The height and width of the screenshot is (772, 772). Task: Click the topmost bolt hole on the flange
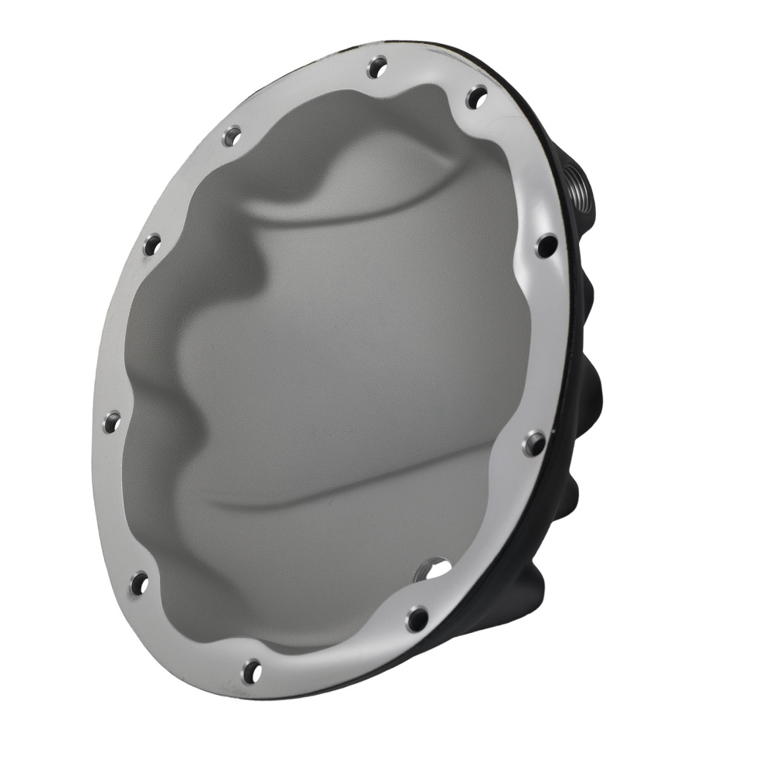click(377, 67)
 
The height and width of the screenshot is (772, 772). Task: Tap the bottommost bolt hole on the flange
click(252, 671)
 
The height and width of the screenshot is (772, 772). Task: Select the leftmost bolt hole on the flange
click(113, 422)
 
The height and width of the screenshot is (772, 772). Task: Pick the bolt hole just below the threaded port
click(546, 246)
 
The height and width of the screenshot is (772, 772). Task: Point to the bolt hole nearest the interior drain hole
click(417, 618)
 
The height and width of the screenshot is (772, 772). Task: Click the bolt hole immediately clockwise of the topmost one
click(477, 97)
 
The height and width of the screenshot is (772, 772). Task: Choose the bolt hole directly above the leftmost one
click(152, 245)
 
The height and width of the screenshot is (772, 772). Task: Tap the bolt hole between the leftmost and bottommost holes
click(139, 583)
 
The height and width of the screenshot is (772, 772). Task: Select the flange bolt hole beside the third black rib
click(533, 443)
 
